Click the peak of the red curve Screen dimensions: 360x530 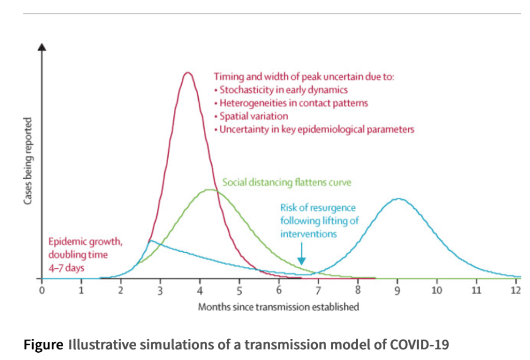click(188, 73)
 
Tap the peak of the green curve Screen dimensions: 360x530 click(210, 190)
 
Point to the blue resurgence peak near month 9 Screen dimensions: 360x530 click(397, 198)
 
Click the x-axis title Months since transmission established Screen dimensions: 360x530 click(278, 307)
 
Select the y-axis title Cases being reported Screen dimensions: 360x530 click(28, 160)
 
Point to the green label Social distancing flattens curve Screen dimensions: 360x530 click(287, 183)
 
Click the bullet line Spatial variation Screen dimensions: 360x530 click(251, 116)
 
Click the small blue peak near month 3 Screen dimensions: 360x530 click(150, 241)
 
